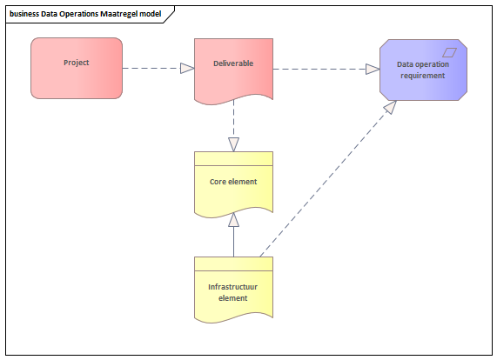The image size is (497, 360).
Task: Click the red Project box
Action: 77,68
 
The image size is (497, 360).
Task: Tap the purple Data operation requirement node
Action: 423,70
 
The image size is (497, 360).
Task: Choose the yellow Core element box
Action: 233,184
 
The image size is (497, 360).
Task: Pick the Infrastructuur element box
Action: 233,290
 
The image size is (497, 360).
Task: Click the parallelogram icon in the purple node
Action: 449,52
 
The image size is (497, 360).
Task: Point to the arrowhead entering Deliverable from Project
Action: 187,68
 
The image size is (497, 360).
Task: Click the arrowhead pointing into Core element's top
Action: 233,144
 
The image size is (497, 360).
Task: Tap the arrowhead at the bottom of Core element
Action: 233,220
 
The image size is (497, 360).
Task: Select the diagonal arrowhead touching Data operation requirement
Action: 391,107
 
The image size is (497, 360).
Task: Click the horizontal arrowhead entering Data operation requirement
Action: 373,69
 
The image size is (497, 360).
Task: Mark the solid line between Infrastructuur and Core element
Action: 233,242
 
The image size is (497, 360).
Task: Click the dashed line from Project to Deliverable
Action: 151,68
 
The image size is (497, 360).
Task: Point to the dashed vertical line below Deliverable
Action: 233,119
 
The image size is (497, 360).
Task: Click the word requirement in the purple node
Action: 423,76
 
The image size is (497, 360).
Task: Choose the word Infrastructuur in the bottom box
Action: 233,287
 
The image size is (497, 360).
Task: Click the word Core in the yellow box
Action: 218,182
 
